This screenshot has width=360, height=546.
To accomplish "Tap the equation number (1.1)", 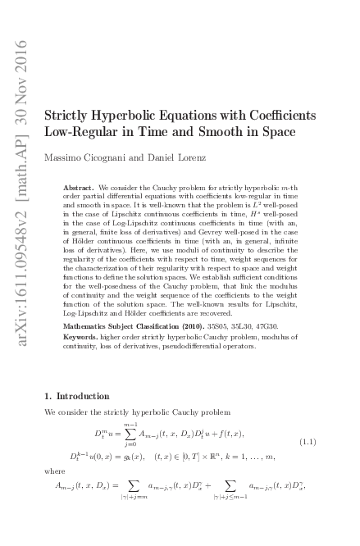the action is [x=308, y=441].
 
